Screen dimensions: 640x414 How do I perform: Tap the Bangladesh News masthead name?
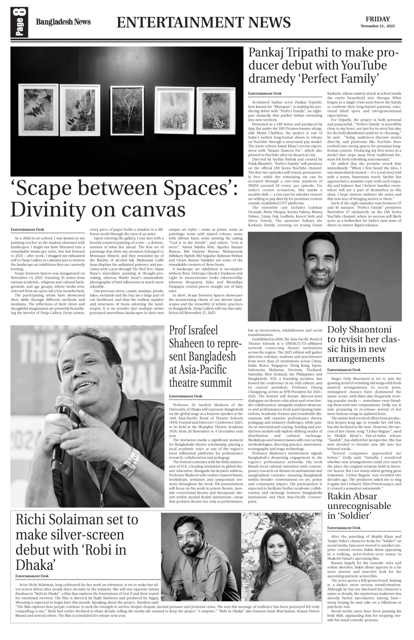(63, 22)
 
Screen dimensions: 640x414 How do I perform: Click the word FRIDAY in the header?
(378, 19)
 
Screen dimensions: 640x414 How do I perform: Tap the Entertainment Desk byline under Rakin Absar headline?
(344, 527)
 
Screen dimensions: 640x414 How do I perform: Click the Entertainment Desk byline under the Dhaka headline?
(32, 576)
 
